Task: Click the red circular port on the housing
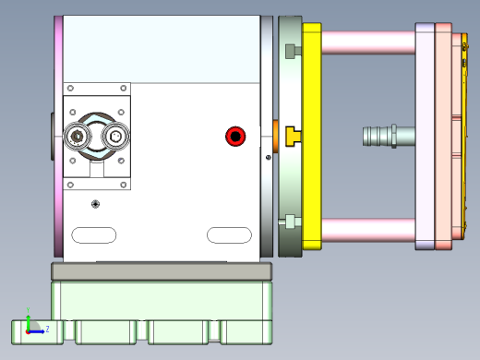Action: coord(235,138)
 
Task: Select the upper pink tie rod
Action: coord(367,42)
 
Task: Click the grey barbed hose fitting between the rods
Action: coord(388,137)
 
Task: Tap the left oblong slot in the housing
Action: coord(93,234)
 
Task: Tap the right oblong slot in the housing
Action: coord(229,234)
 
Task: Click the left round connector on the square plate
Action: coord(78,138)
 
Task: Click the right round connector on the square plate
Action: coord(116,138)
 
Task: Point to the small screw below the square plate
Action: coord(95,203)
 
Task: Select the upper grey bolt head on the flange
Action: coord(292,51)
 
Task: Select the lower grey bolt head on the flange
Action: coord(292,222)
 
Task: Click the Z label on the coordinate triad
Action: coord(46,328)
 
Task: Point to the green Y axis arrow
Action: coord(29,318)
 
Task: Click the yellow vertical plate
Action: coord(312,92)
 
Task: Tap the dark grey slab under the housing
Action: coord(162,271)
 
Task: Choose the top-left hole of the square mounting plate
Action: coord(72,89)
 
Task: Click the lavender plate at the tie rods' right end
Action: coord(424,137)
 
